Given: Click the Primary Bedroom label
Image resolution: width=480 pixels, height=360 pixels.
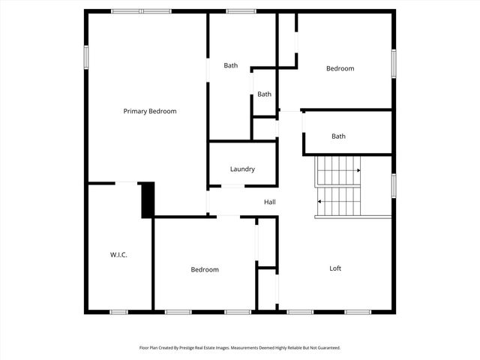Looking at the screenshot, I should point(150,111).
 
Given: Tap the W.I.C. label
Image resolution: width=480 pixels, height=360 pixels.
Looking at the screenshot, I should point(118,255).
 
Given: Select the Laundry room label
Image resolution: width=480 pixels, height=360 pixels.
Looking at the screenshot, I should point(242,169).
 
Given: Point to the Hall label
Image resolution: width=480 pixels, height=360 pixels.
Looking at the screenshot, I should point(270,202).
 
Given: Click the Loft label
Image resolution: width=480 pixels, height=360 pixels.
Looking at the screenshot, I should point(336,268).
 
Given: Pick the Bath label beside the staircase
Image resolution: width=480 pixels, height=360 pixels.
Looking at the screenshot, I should point(339,136).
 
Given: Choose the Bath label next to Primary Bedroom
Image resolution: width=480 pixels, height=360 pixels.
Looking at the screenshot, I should point(231,65).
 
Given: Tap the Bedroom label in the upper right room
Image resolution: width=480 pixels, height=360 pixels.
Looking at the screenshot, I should point(340,68).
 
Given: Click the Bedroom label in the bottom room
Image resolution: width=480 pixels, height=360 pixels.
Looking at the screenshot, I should point(205,270).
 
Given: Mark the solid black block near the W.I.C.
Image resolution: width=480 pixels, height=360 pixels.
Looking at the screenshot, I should point(147,199).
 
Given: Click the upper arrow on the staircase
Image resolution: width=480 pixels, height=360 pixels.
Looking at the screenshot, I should point(358,170).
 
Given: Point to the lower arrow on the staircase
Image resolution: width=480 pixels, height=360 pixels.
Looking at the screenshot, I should point(320,201).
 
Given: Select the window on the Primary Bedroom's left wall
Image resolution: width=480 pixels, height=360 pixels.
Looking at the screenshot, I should point(86,57).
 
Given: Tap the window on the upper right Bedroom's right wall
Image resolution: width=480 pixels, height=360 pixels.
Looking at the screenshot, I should point(393,63).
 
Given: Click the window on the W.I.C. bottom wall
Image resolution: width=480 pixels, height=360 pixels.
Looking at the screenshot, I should point(119,312).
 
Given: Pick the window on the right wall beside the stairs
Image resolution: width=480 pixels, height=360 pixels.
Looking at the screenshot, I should point(393,184).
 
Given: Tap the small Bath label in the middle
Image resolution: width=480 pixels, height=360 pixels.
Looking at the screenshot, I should point(264,94).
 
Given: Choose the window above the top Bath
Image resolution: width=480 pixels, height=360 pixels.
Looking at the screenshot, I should point(241,11).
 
